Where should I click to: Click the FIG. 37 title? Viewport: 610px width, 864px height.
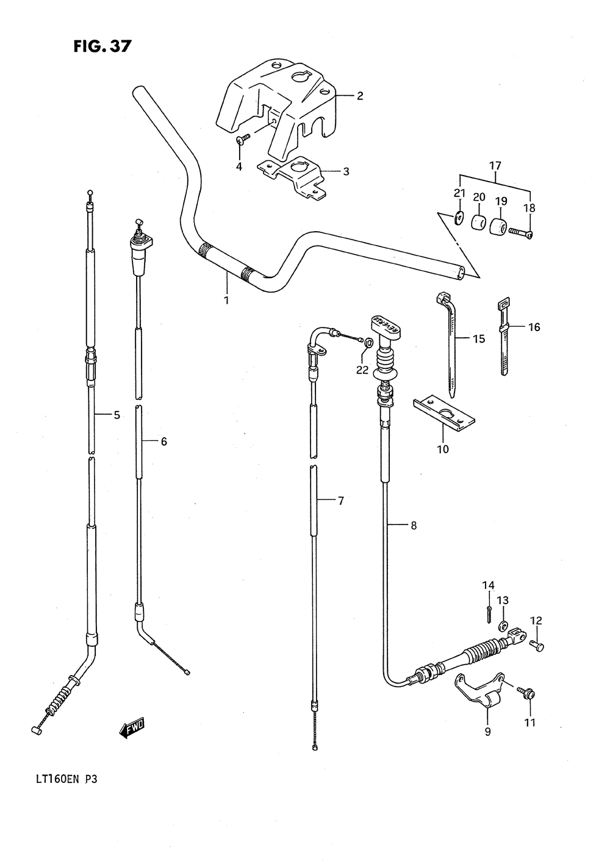102,46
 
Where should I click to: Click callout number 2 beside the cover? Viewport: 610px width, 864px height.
360,96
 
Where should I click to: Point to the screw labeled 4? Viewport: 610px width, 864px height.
243,139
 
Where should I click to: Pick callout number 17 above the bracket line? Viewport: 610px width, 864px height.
495,166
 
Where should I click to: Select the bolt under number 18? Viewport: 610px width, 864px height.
521,232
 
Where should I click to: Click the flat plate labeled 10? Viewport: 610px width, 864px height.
444,413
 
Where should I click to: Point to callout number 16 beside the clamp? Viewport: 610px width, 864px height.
534,327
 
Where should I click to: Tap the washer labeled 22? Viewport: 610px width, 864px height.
368,341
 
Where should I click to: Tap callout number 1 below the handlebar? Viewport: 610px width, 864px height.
226,300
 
